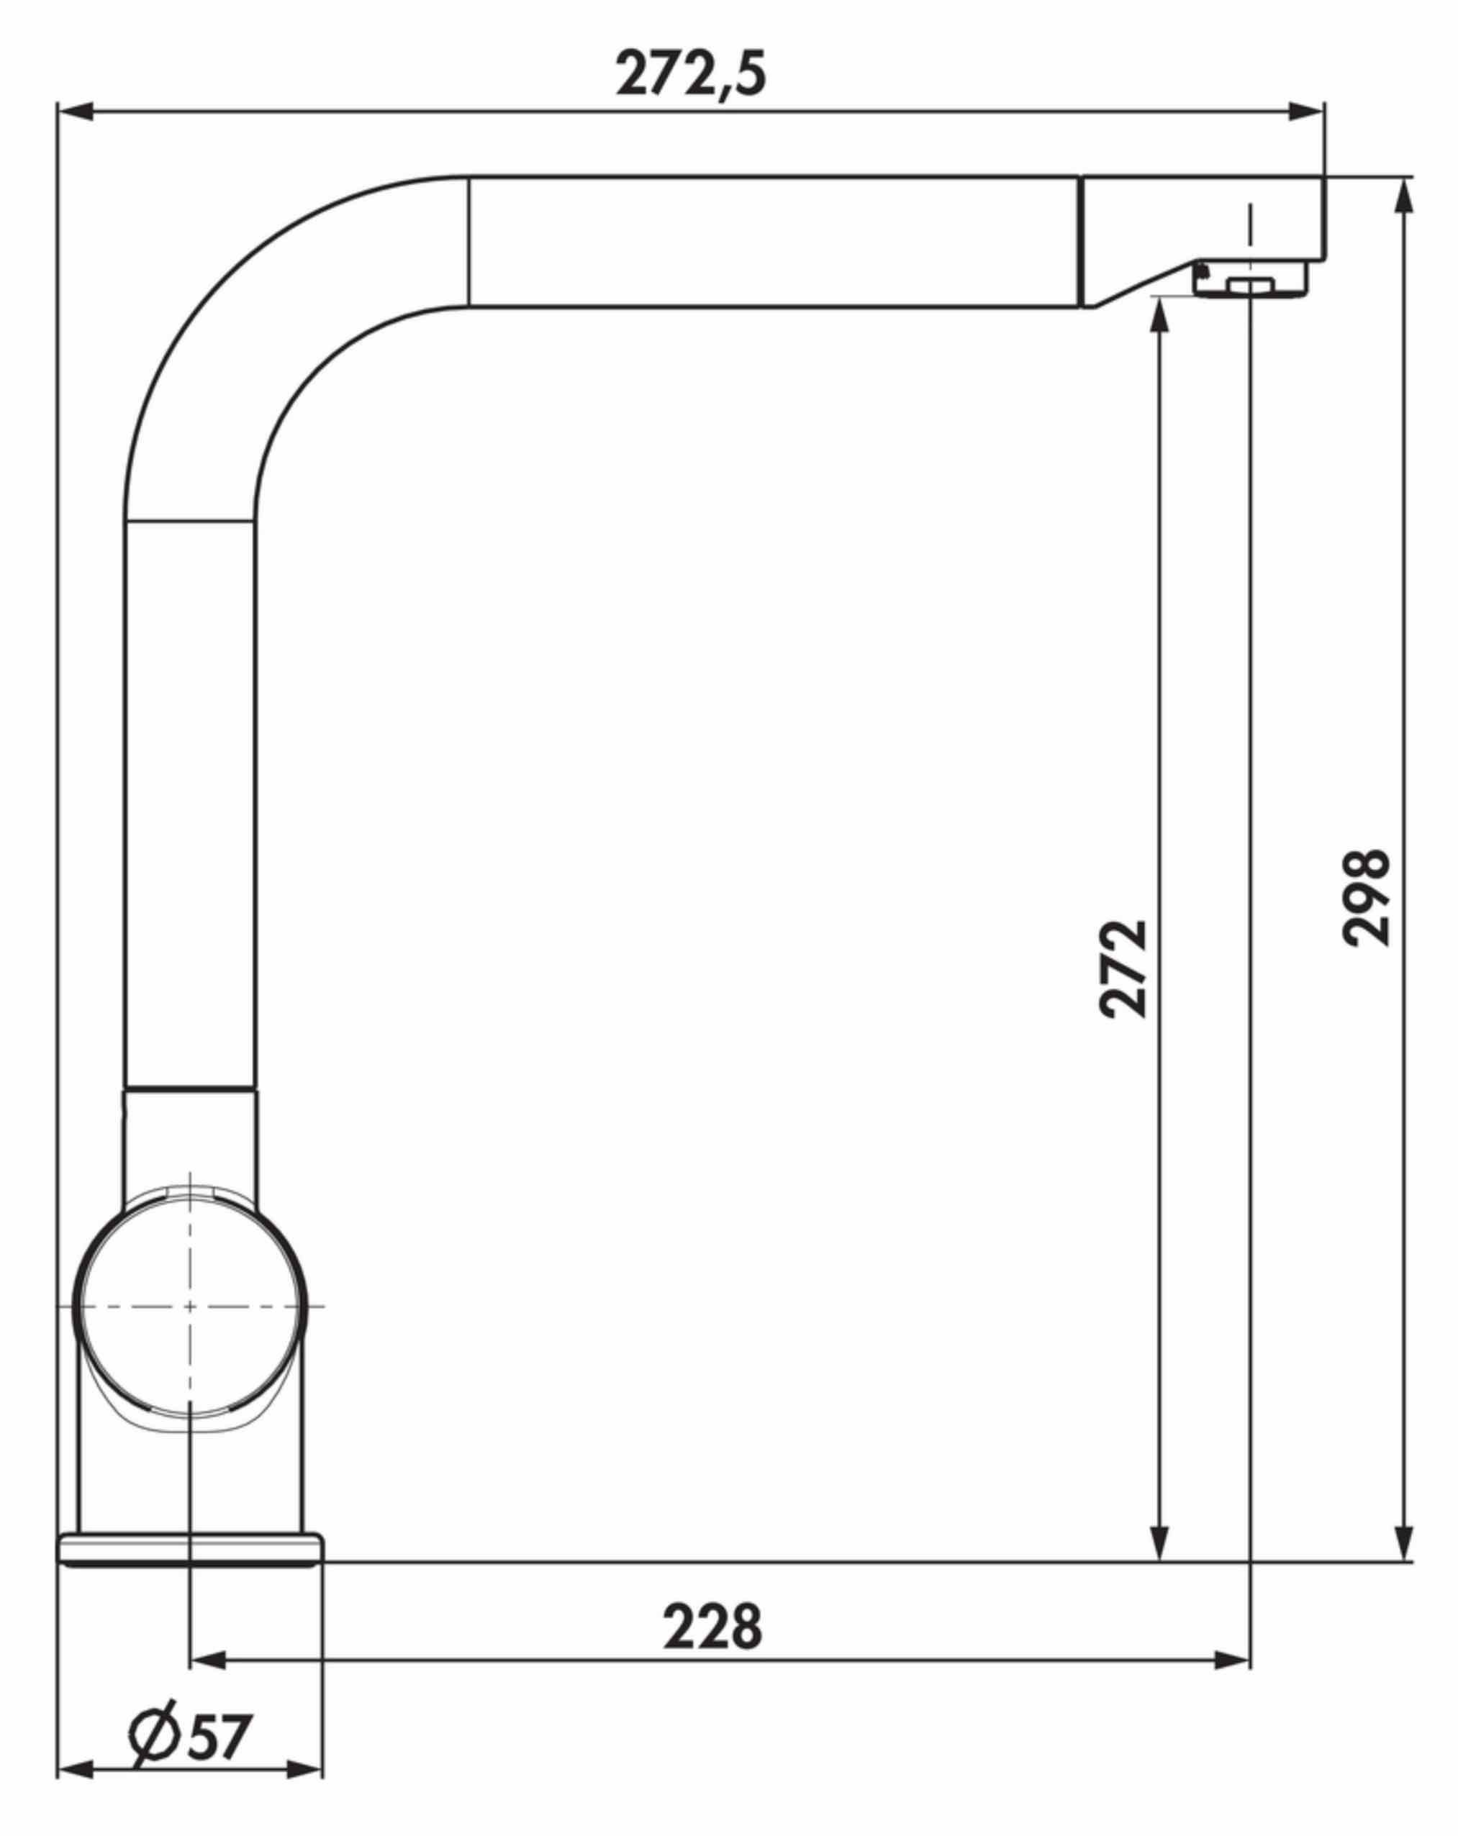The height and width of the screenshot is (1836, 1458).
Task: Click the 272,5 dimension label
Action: click(691, 74)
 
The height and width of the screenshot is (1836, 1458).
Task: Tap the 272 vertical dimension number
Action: click(1123, 968)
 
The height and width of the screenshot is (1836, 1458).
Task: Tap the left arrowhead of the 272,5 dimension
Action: click(75, 111)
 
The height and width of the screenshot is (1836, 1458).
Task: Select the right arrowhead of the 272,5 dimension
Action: click(1306, 111)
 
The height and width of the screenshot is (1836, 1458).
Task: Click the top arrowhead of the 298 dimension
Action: click(1406, 195)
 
